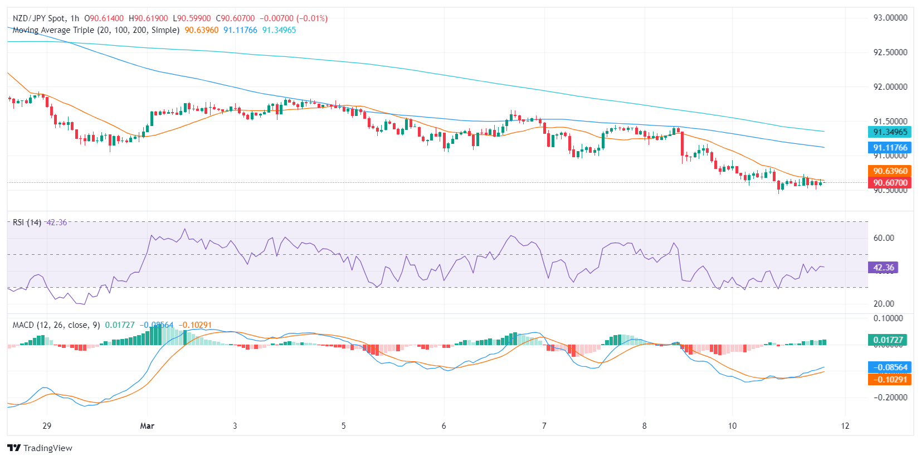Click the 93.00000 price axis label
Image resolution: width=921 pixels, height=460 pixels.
(890, 18)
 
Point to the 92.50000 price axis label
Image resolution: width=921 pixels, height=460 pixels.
(890, 52)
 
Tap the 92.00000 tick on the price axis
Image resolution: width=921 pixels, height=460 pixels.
(890, 87)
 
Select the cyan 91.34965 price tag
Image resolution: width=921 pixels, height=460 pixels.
(890, 132)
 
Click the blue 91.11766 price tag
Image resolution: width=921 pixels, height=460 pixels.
(890, 148)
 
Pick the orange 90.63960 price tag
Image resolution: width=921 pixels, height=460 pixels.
(890, 171)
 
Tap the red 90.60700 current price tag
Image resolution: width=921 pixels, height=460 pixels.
(890, 182)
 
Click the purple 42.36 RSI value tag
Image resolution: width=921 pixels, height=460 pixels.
(883, 268)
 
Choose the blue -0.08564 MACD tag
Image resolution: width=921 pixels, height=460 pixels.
(890, 367)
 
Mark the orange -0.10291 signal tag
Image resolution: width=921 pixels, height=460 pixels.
(890, 380)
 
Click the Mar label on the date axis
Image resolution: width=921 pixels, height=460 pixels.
(147, 426)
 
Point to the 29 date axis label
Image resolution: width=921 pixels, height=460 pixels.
(47, 426)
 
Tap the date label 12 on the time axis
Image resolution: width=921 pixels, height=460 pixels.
(845, 426)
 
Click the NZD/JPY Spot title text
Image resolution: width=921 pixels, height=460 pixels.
(38, 18)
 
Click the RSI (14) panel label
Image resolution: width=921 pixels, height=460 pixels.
(27, 222)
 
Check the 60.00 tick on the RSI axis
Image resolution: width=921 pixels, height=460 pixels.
(884, 238)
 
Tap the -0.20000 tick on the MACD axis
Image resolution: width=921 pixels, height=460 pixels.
(890, 398)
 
